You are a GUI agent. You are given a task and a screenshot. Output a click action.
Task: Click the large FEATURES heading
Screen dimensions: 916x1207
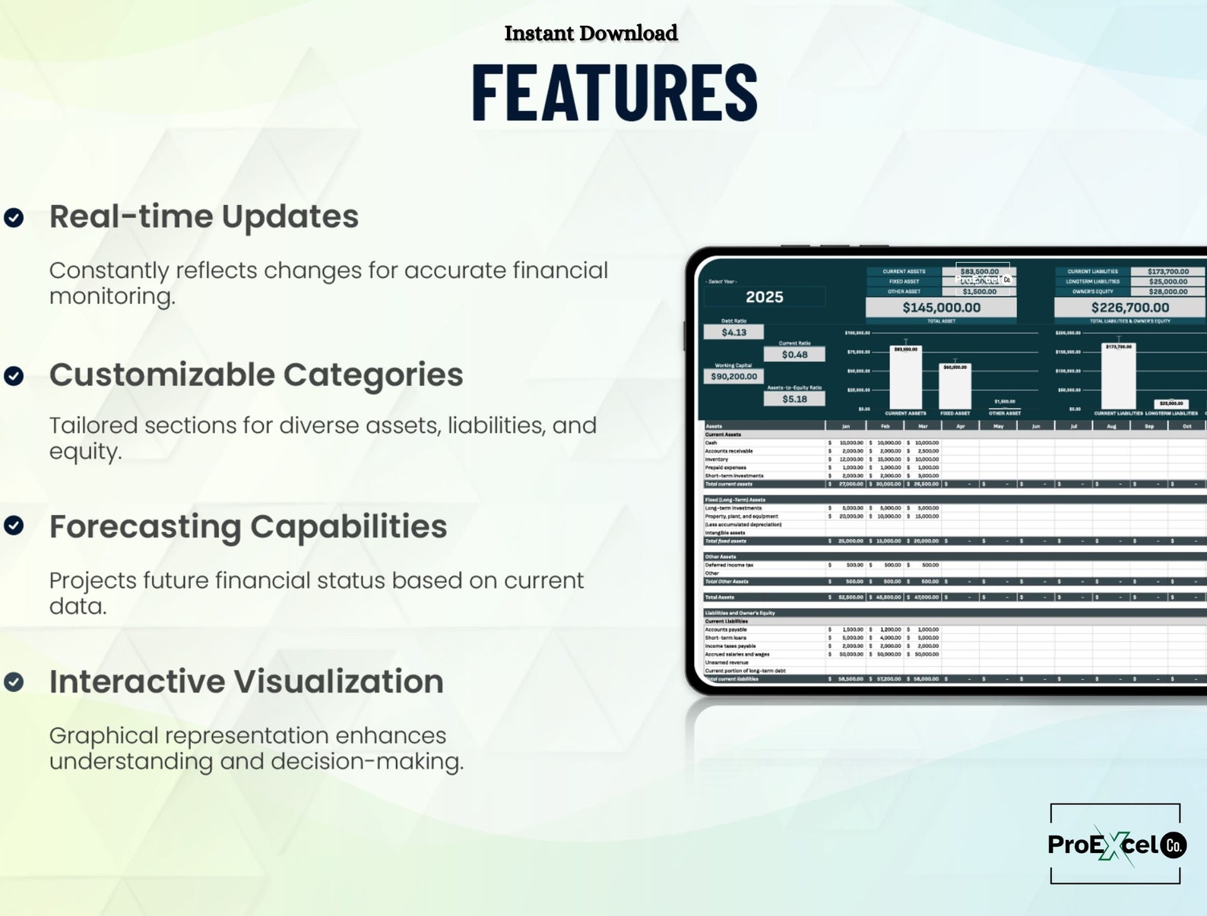click(x=614, y=93)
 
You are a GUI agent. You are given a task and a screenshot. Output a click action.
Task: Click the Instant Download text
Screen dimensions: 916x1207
click(x=591, y=33)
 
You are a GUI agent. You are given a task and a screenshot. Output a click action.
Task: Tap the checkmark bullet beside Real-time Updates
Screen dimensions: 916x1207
click(x=14, y=218)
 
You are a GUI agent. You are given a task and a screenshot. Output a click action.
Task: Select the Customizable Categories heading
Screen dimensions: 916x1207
click(x=256, y=374)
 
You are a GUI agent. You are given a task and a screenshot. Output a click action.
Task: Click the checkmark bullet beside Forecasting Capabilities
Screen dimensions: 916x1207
click(x=14, y=525)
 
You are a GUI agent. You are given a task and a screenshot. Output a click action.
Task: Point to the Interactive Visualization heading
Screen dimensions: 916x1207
click(x=246, y=681)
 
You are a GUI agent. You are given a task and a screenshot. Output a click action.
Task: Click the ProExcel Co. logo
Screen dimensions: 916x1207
click(x=1115, y=844)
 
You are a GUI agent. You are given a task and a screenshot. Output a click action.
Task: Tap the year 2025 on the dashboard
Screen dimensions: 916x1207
click(x=764, y=297)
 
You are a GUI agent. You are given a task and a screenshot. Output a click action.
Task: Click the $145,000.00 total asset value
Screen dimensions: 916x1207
click(x=941, y=308)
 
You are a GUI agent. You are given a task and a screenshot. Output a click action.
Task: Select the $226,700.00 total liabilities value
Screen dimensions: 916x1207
click(x=1129, y=308)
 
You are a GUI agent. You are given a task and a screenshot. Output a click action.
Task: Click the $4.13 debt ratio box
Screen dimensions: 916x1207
click(x=733, y=332)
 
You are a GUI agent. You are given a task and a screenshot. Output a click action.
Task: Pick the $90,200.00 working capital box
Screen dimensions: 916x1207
click(x=733, y=376)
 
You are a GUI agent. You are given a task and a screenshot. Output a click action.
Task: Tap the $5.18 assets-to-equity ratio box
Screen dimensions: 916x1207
click(x=794, y=399)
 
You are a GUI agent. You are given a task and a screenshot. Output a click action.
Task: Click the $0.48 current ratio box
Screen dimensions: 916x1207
click(x=794, y=355)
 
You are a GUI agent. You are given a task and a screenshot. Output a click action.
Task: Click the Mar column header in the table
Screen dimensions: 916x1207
click(x=922, y=426)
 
